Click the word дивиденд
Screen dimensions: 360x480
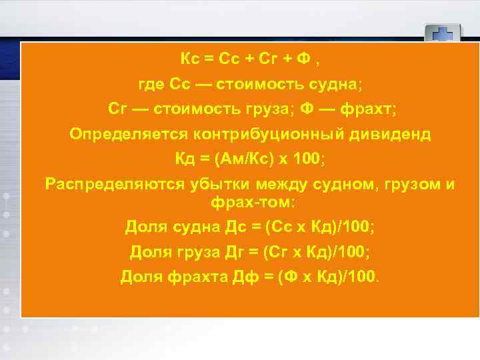[391, 134]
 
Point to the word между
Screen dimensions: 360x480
[279, 184]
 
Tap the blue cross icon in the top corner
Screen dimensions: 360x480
[443, 33]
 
